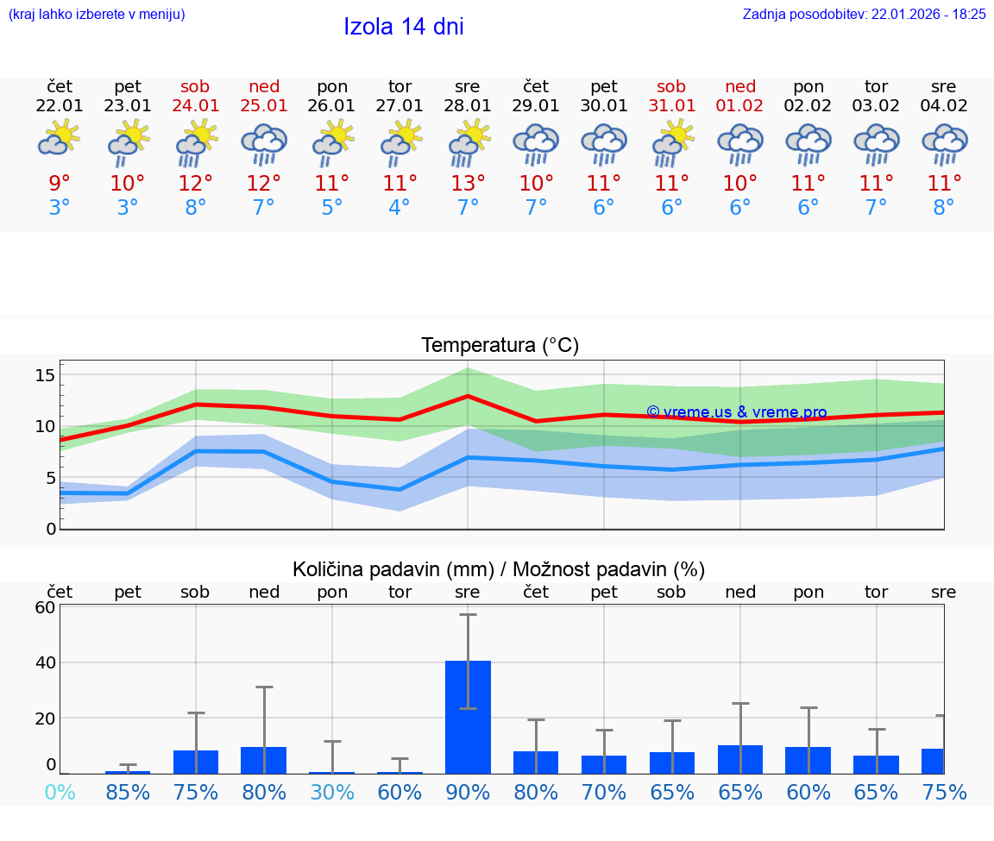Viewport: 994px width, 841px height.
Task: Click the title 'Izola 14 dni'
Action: click(404, 27)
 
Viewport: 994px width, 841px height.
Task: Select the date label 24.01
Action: click(196, 106)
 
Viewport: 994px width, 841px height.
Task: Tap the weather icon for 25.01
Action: click(264, 144)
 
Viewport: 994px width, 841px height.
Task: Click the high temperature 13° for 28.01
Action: click(468, 184)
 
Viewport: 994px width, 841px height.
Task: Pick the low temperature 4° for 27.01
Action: click(399, 208)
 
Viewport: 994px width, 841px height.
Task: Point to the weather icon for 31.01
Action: click(671, 144)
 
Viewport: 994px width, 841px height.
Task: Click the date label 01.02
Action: click(739, 106)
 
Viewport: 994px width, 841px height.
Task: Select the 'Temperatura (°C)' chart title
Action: click(500, 346)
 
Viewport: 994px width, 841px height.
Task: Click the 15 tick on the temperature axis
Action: click(45, 375)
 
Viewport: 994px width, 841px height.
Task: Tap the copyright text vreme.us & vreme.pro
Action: click(737, 412)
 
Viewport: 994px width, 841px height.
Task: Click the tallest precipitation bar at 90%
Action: click(468, 716)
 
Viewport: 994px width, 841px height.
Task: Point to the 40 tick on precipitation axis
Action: click(45, 662)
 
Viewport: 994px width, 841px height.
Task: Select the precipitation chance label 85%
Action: click(128, 792)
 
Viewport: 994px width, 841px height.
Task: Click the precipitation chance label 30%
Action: click(332, 792)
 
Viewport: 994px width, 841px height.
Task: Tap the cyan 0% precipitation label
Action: click(60, 792)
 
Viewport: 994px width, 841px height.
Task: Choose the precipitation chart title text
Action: click(499, 569)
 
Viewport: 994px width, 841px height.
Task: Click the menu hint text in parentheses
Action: click(97, 15)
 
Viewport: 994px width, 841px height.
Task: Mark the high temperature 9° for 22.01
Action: click(60, 184)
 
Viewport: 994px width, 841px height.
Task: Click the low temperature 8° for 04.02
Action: click(944, 208)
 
